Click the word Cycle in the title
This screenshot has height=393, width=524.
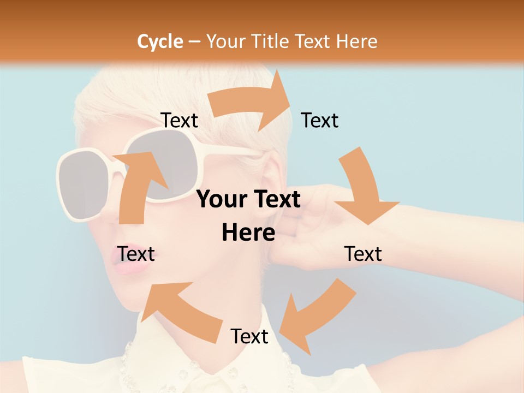160,41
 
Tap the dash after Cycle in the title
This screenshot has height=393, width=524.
194,42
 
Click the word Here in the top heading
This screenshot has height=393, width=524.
356,41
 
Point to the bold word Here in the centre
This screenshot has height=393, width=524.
248,233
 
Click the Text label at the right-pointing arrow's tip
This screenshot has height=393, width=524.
320,120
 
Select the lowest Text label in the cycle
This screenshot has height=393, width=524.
249,336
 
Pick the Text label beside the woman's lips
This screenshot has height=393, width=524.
136,254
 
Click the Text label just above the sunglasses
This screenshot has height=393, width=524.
179,120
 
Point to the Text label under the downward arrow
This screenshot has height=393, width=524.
363,254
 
